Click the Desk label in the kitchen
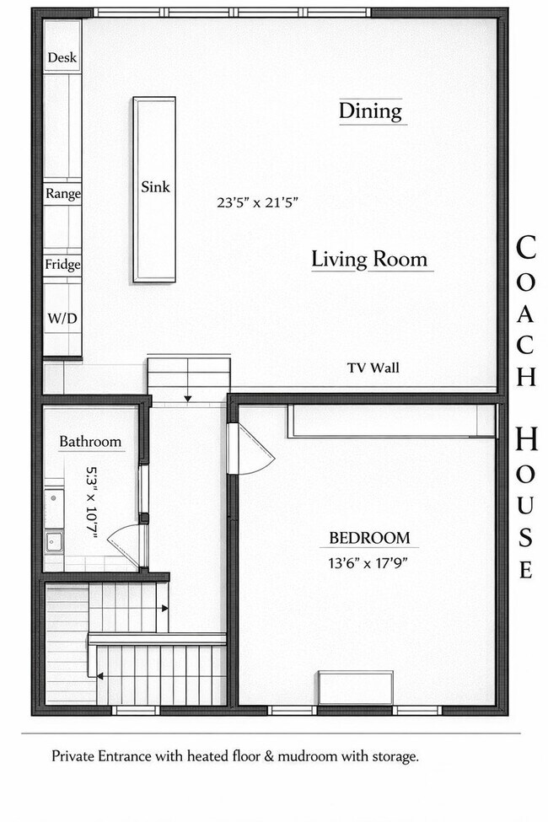62,58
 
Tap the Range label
63,193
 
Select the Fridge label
63,265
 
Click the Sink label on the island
155,187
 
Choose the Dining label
370,110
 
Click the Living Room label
369,259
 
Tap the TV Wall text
373,368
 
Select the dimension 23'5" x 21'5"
258,202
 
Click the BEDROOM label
369,538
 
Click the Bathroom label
90,442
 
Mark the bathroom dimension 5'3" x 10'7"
92,504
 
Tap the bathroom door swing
124,544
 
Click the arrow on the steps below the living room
189,396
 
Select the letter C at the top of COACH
525,249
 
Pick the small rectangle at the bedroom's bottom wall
355,687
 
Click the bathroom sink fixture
53,540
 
